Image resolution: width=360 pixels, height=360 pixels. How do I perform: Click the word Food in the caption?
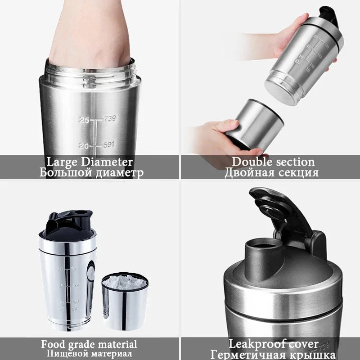pos(53,345)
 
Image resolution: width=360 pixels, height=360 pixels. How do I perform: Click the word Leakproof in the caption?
pos(256,345)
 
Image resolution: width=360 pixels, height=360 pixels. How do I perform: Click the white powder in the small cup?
pos(125,283)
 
